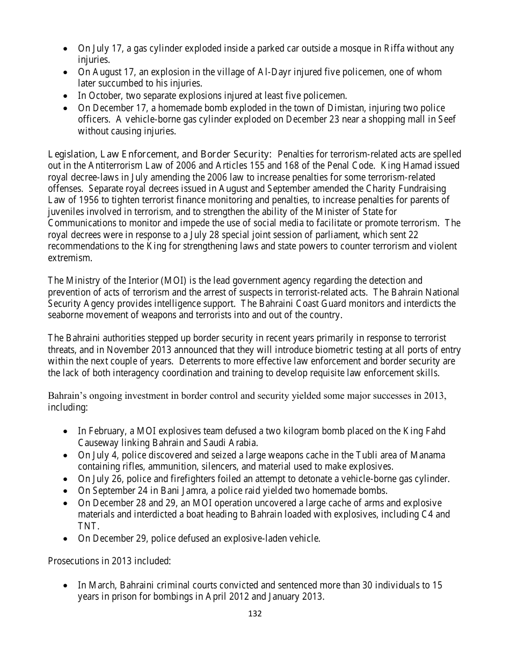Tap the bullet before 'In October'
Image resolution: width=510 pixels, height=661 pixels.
[65, 96]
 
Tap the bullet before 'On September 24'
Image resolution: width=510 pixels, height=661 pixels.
[65, 491]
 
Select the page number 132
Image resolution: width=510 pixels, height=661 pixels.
[255, 614]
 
